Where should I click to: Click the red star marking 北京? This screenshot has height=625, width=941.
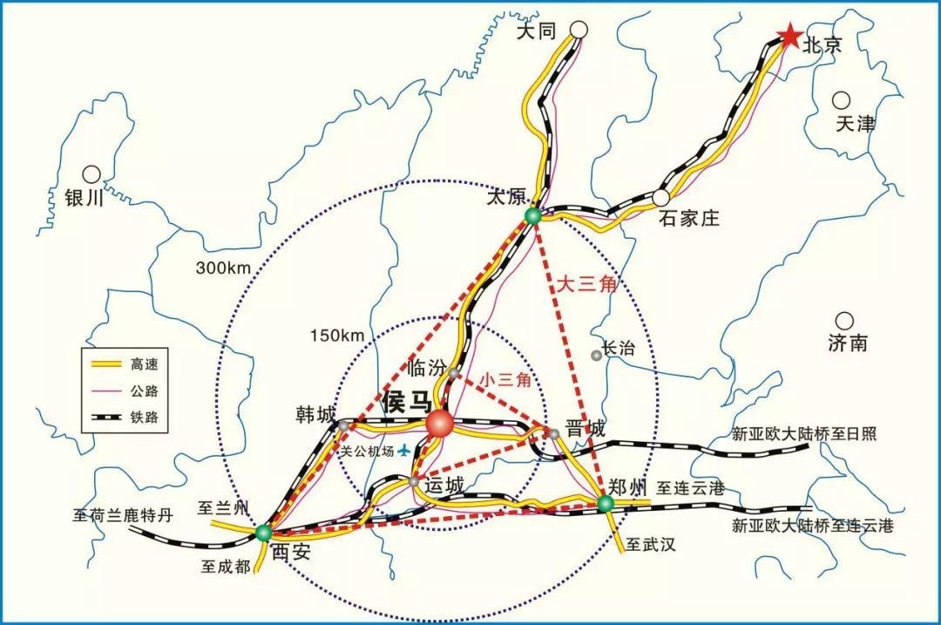click(789, 37)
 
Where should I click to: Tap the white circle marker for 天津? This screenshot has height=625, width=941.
click(841, 100)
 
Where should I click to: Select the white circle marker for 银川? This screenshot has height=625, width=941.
click(91, 173)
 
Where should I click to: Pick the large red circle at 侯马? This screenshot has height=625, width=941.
click(440, 424)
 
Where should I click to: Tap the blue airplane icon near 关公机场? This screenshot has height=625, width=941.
click(403, 451)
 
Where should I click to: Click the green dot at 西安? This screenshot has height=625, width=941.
click(263, 532)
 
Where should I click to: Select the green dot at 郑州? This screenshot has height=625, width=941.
click(604, 503)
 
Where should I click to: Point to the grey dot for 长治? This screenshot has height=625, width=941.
click(596, 354)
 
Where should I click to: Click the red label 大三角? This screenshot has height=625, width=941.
click(586, 285)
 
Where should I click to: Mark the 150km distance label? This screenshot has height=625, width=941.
click(336, 336)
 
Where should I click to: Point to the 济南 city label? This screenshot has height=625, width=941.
click(848, 343)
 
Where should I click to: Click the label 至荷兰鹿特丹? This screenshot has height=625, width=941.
click(122, 515)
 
